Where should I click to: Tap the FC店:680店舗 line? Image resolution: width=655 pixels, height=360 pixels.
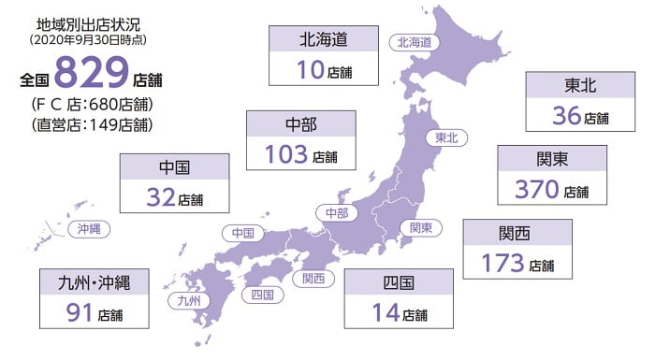tap(92, 103)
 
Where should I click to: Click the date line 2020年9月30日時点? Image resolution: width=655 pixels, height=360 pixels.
tap(93, 40)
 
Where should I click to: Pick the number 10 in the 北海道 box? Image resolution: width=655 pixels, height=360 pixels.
tap(313, 71)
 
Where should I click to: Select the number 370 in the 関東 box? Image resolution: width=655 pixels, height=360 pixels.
tap(537, 189)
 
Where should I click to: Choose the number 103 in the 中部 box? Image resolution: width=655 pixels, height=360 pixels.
tap(286, 154)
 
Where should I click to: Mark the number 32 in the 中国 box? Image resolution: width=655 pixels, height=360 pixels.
tap(161, 197)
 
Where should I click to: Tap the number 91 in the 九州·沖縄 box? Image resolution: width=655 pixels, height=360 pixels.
tap(80, 312)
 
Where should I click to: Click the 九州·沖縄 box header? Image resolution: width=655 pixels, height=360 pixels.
tap(95, 281)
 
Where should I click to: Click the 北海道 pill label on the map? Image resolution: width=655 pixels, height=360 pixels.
tap(414, 41)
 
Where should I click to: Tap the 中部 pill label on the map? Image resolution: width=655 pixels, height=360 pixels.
tap(336, 213)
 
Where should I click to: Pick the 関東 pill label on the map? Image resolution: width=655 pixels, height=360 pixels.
tap(421, 227)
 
